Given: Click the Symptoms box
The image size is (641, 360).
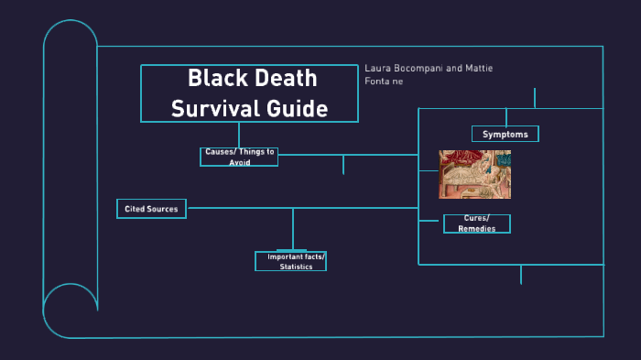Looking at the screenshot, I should tap(505, 135).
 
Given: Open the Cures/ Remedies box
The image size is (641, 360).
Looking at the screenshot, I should tap(476, 224).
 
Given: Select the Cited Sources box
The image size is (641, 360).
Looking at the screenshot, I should tap(151, 209).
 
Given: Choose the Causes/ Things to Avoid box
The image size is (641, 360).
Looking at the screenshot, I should tap(239, 157).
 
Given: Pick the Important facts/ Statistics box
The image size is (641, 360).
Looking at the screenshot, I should tap(290, 262).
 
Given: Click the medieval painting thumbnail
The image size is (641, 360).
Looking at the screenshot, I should tap(474, 174).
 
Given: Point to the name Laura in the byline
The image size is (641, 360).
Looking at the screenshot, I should tap(379, 69).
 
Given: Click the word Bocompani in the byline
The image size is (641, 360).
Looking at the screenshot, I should tap(426, 69).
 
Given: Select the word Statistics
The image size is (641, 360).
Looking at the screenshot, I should tap(296, 267).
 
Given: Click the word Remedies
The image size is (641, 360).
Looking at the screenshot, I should tap(476, 229).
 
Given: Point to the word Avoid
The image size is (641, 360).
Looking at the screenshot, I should tap(240, 162).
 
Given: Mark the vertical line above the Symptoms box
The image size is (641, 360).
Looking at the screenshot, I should tap(535, 98).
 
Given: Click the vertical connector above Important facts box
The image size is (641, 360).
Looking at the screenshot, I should tap(293, 229).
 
